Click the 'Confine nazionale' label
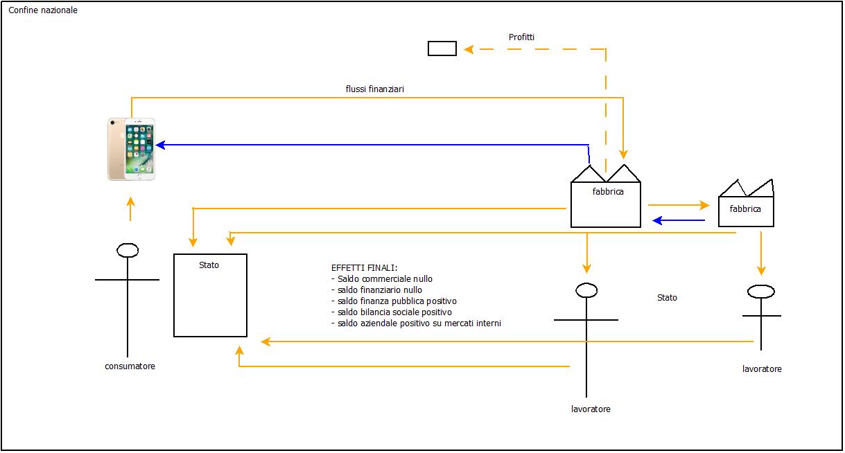pyautogui.click(x=43, y=10)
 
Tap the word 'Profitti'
pyautogui.click(x=521, y=37)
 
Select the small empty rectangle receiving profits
pyautogui.click(x=442, y=48)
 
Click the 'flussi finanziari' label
pyautogui.click(x=375, y=89)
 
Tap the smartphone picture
pyautogui.click(x=132, y=149)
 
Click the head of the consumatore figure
pyautogui.click(x=128, y=250)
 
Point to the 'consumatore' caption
pyautogui.click(x=130, y=366)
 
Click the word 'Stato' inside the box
pyautogui.click(x=209, y=265)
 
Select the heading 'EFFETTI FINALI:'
pyautogui.click(x=365, y=268)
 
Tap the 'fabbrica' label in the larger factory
pyautogui.click(x=608, y=192)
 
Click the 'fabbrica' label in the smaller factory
pyautogui.click(x=745, y=208)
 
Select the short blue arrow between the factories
pyautogui.click(x=679, y=221)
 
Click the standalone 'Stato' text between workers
pyautogui.click(x=667, y=298)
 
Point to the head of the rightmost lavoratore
pyautogui.click(x=760, y=292)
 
